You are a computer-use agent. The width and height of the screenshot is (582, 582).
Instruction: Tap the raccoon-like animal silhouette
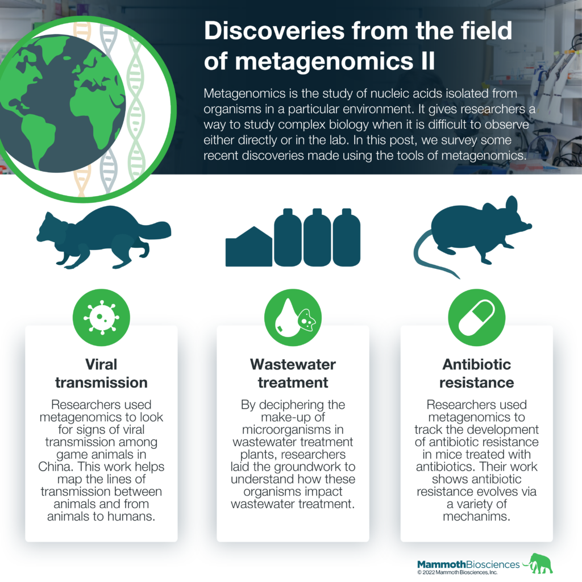[x=103, y=237]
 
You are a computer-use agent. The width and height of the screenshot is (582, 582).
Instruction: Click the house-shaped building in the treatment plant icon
[x=249, y=247]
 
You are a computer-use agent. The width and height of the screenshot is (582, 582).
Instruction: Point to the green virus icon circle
[x=101, y=318]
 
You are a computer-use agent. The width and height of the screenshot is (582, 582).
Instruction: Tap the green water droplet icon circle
[x=293, y=318]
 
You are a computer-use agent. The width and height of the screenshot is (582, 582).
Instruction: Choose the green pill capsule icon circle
[x=477, y=318]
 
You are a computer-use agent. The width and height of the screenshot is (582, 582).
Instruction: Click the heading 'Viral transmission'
[x=101, y=373]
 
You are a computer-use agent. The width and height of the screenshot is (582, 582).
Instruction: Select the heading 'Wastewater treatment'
[x=293, y=373]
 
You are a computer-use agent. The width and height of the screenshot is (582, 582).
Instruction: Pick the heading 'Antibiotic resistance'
[x=477, y=373]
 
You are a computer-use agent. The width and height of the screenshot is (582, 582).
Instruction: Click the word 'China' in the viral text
[x=54, y=467]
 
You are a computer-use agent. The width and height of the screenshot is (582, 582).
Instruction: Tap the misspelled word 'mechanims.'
[x=477, y=516]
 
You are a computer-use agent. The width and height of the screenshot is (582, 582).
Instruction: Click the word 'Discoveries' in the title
[x=275, y=31]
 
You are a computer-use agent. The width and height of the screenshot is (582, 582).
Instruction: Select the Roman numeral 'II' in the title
[x=428, y=61]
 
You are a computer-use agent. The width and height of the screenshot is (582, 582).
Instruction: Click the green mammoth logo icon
[x=539, y=563]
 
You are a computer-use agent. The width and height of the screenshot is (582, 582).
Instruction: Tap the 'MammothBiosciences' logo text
[x=468, y=564]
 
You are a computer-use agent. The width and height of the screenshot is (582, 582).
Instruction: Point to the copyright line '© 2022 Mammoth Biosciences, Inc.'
[x=458, y=572]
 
